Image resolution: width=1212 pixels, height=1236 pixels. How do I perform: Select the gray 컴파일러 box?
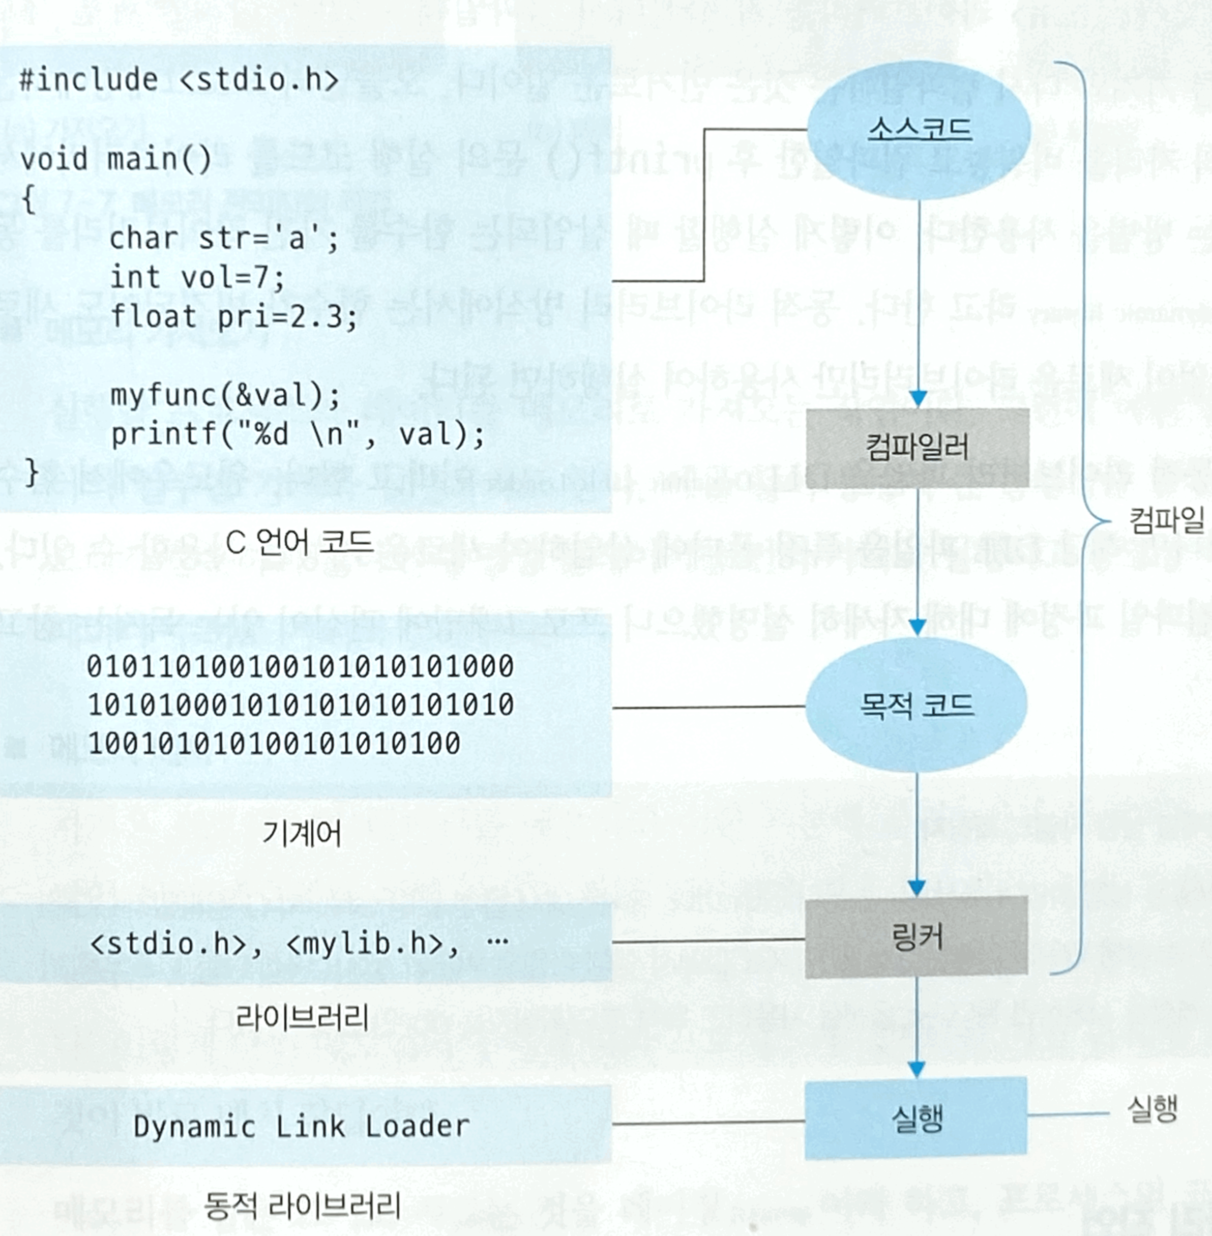(x=918, y=448)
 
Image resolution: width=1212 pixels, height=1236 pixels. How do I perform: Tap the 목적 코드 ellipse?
(x=917, y=705)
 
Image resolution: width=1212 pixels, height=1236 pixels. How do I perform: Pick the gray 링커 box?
(x=917, y=937)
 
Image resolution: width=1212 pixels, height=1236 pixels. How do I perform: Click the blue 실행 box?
(x=916, y=1119)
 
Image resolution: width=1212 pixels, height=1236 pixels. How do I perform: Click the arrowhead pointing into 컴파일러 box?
(x=918, y=398)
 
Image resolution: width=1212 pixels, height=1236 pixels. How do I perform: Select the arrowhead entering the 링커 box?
(x=917, y=887)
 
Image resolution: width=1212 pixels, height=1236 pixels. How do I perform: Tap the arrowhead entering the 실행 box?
(x=916, y=1069)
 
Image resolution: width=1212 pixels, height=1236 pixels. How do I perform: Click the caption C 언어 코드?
(x=299, y=542)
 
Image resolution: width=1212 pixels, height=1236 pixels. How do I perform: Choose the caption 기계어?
(x=302, y=833)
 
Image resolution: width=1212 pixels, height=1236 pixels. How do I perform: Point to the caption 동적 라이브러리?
(x=302, y=1205)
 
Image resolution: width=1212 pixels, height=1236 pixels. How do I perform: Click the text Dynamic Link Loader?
(x=301, y=1127)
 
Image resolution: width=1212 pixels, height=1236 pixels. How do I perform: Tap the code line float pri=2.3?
(x=233, y=316)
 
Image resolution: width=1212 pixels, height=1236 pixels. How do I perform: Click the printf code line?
(x=297, y=435)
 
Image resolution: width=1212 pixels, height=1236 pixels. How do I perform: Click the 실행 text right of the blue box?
(x=1151, y=1109)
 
